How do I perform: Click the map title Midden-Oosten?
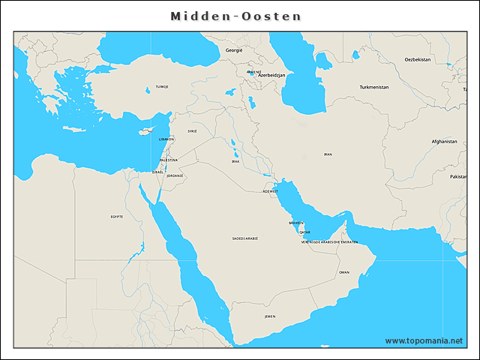[x=235, y=16]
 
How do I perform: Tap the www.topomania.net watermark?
[x=424, y=340]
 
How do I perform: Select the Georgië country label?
[x=234, y=49]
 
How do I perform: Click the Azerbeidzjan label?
[x=272, y=76]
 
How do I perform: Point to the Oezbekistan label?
[x=418, y=58]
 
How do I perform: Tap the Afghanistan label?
[x=444, y=141]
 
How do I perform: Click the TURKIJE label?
[x=162, y=87]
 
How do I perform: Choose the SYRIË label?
[x=193, y=130]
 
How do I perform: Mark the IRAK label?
[x=235, y=161]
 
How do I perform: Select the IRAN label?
[x=328, y=154]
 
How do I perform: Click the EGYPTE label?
[x=117, y=217]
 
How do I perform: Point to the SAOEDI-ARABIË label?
[x=245, y=238]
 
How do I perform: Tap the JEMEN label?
[x=270, y=316]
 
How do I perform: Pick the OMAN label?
[x=343, y=272]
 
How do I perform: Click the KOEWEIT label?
[x=270, y=191]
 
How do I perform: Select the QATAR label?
[x=304, y=232]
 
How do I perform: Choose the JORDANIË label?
[x=175, y=175]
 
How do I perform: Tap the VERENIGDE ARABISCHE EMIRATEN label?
[x=329, y=242]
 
